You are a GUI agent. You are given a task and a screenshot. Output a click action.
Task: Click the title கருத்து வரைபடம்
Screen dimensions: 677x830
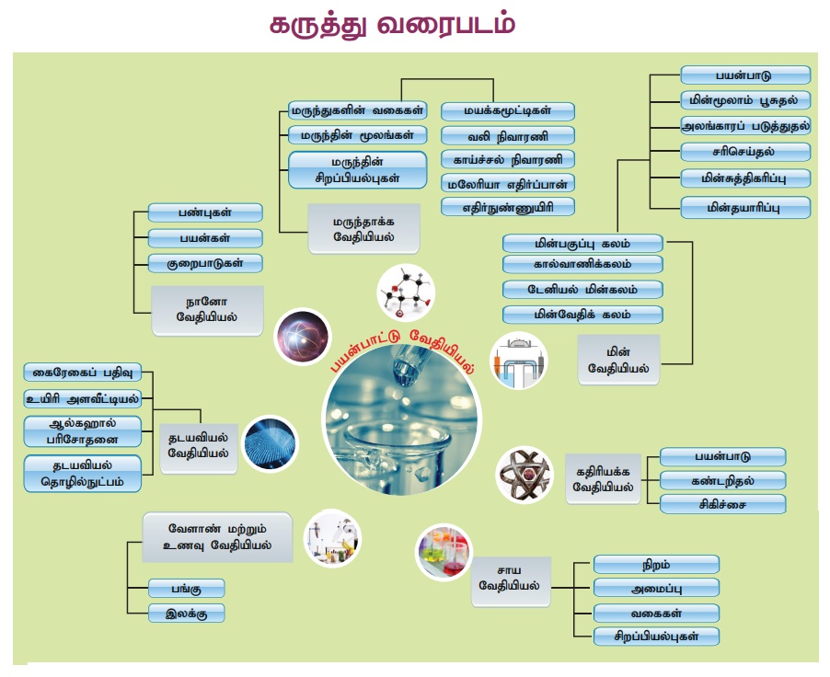(392, 26)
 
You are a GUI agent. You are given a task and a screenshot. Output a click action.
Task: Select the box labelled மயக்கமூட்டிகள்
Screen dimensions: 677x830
(508, 111)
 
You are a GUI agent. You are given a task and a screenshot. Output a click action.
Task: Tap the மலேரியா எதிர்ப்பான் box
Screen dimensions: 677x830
(508, 182)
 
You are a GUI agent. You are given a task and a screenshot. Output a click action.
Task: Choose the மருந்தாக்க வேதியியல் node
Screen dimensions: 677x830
(363, 229)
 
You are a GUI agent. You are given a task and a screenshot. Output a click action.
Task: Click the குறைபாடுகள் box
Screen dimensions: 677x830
(205, 263)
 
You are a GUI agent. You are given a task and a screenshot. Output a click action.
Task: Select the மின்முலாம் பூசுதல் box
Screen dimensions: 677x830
(744, 99)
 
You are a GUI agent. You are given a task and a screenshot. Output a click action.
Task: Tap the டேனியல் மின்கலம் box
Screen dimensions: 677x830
(582, 289)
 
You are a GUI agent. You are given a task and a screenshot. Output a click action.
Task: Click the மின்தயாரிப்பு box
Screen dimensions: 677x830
(744, 207)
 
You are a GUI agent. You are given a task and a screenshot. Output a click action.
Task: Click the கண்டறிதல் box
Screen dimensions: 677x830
(723, 480)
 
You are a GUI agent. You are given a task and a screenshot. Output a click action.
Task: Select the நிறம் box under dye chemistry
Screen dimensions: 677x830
(656, 564)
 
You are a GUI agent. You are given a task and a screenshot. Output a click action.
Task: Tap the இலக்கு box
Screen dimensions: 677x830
(187, 613)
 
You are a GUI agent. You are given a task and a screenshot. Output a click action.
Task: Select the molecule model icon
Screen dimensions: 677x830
(406, 293)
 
